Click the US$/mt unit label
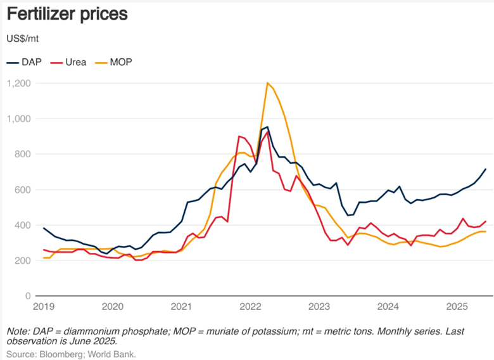tap(23, 39)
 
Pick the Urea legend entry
tap(72, 62)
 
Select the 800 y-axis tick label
tap(25, 154)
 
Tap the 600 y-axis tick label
tap(25, 190)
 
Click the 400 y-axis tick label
tap(25, 225)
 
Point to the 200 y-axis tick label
tap(25, 260)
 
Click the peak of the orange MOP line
tap(268, 83)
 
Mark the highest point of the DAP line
tap(267, 127)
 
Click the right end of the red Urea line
tap(486, 221)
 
